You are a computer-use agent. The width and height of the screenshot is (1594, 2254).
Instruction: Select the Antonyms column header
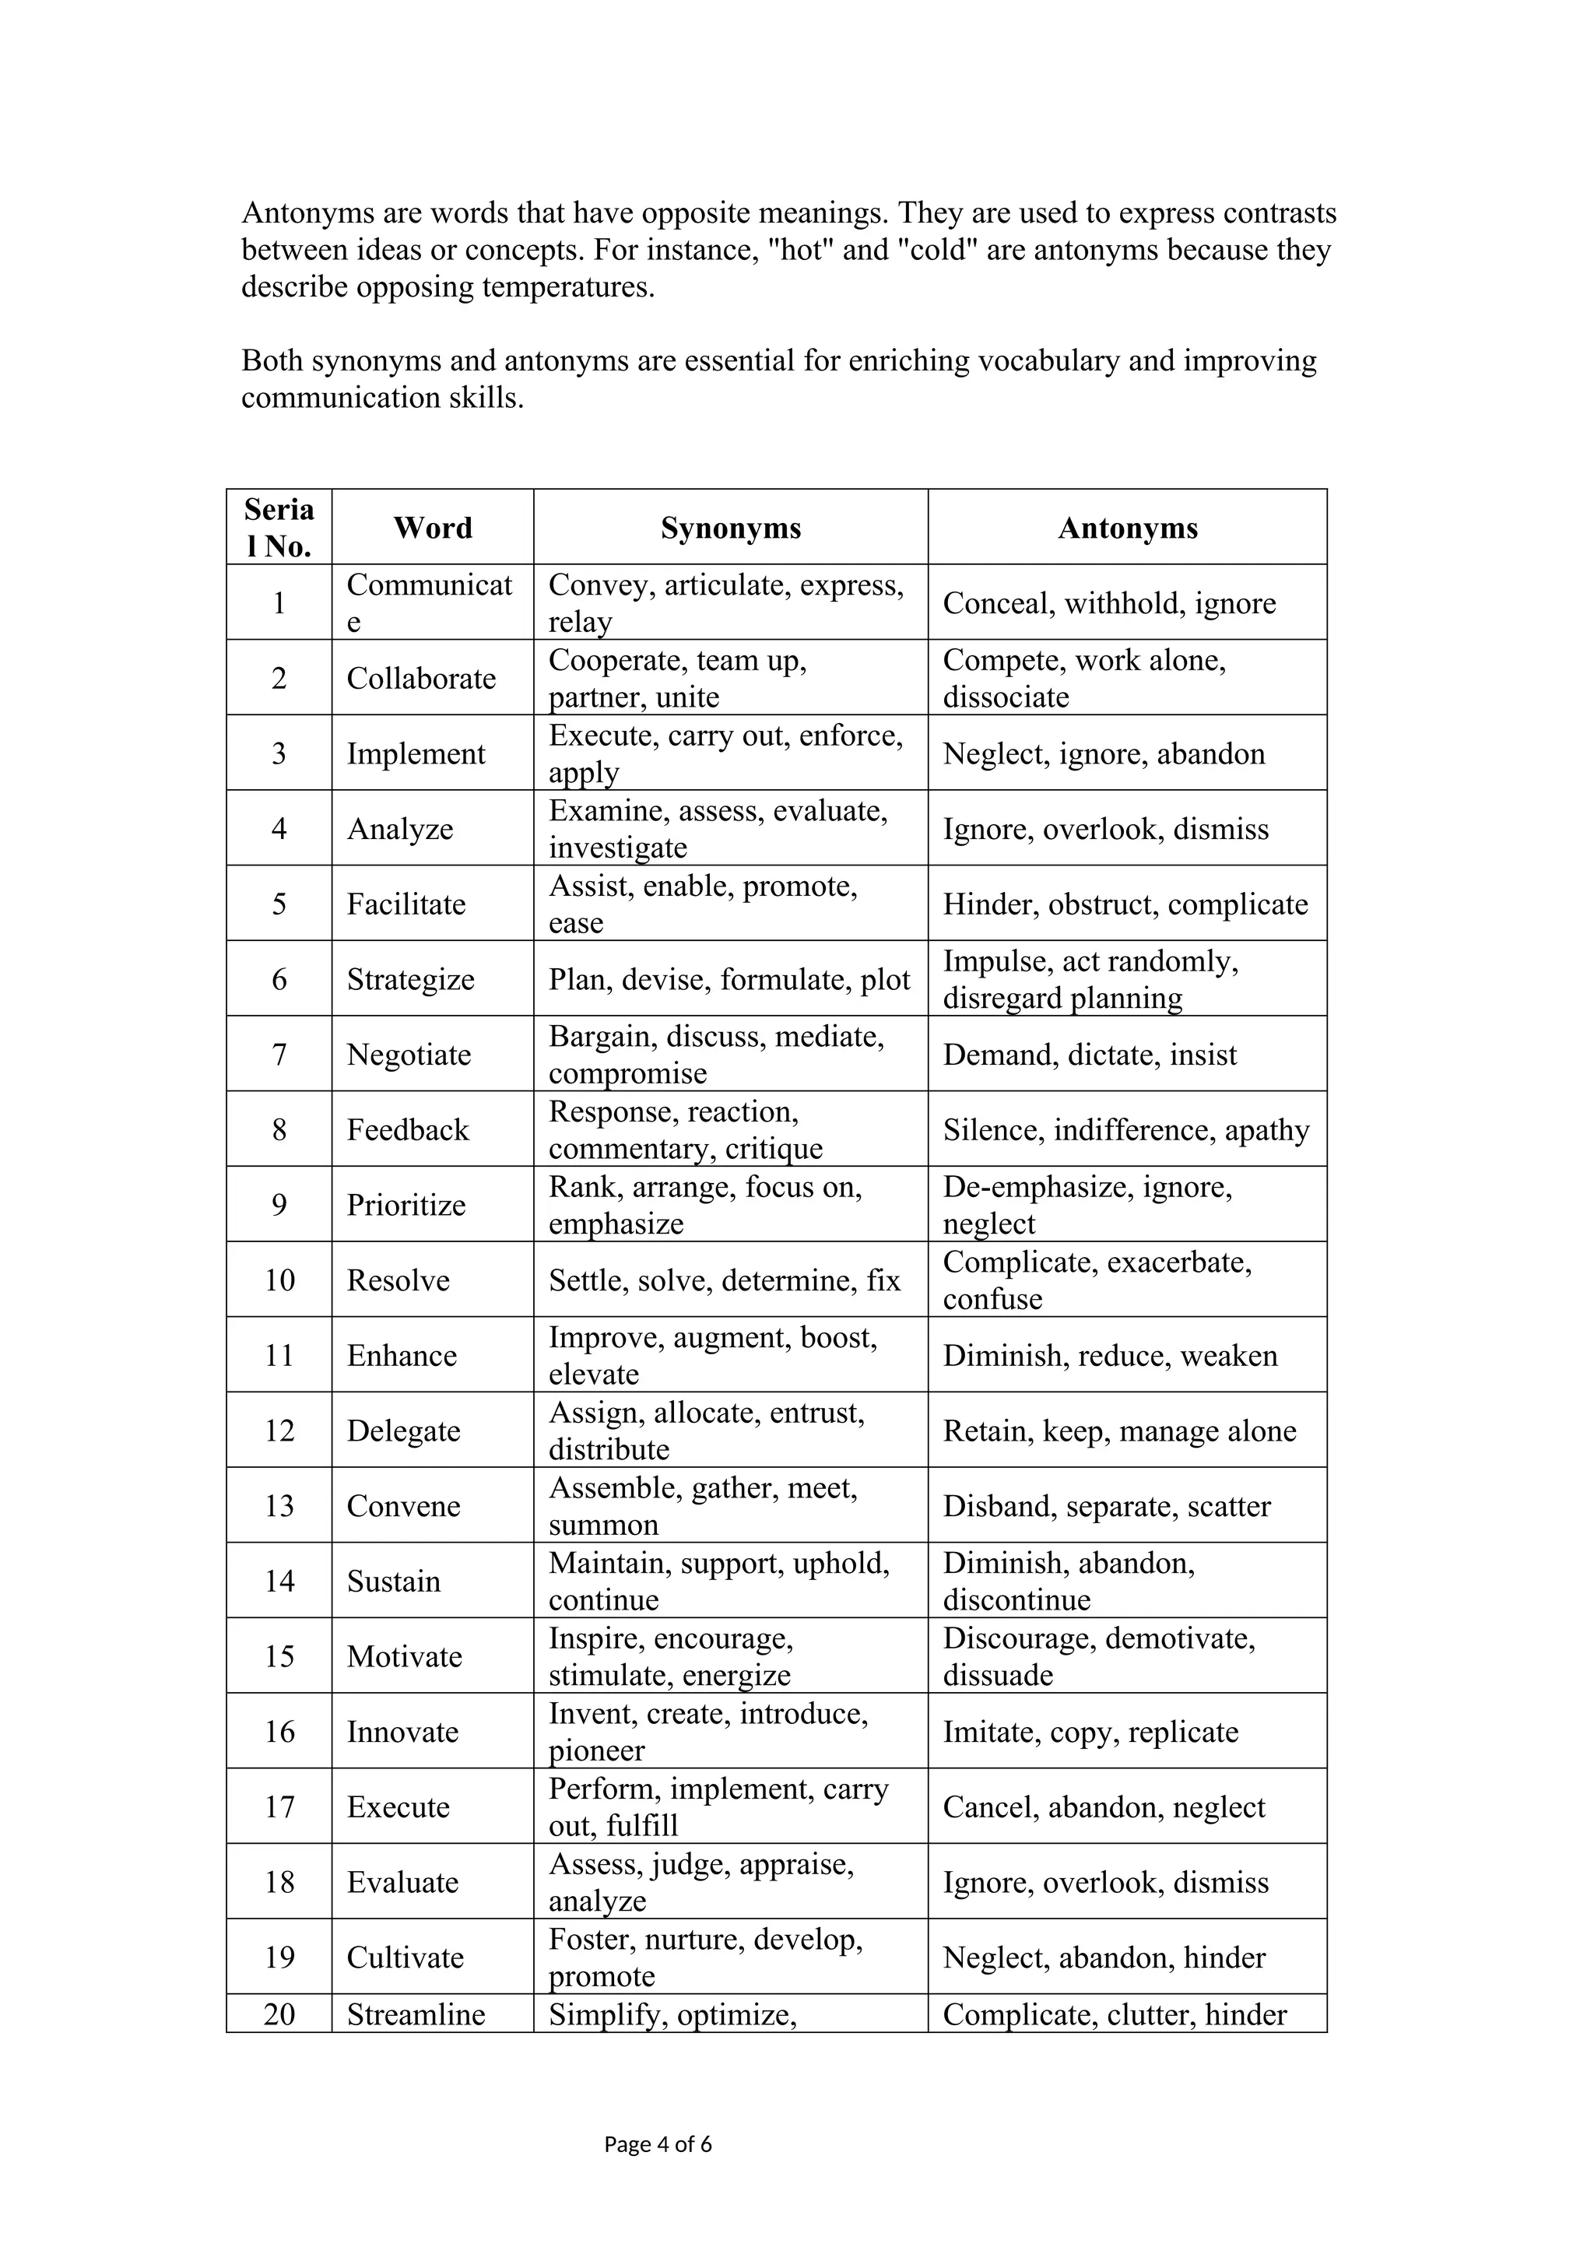(1128, 528)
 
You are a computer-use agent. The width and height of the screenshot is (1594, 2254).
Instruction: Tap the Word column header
(433, 528)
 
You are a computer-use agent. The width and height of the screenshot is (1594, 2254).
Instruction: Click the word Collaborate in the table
(421, 679)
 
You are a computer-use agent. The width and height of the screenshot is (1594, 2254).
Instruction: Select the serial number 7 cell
(279, 1055)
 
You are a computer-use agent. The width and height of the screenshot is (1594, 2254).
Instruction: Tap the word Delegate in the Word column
(403, 1431)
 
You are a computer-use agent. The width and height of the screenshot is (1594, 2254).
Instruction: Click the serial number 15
(279, 1656)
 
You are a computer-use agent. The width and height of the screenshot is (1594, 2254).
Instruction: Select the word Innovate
(402, 1732)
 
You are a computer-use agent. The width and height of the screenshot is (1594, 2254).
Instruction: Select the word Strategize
(410, 980)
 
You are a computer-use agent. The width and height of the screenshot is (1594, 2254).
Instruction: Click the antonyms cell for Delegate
(1119, 1431)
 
